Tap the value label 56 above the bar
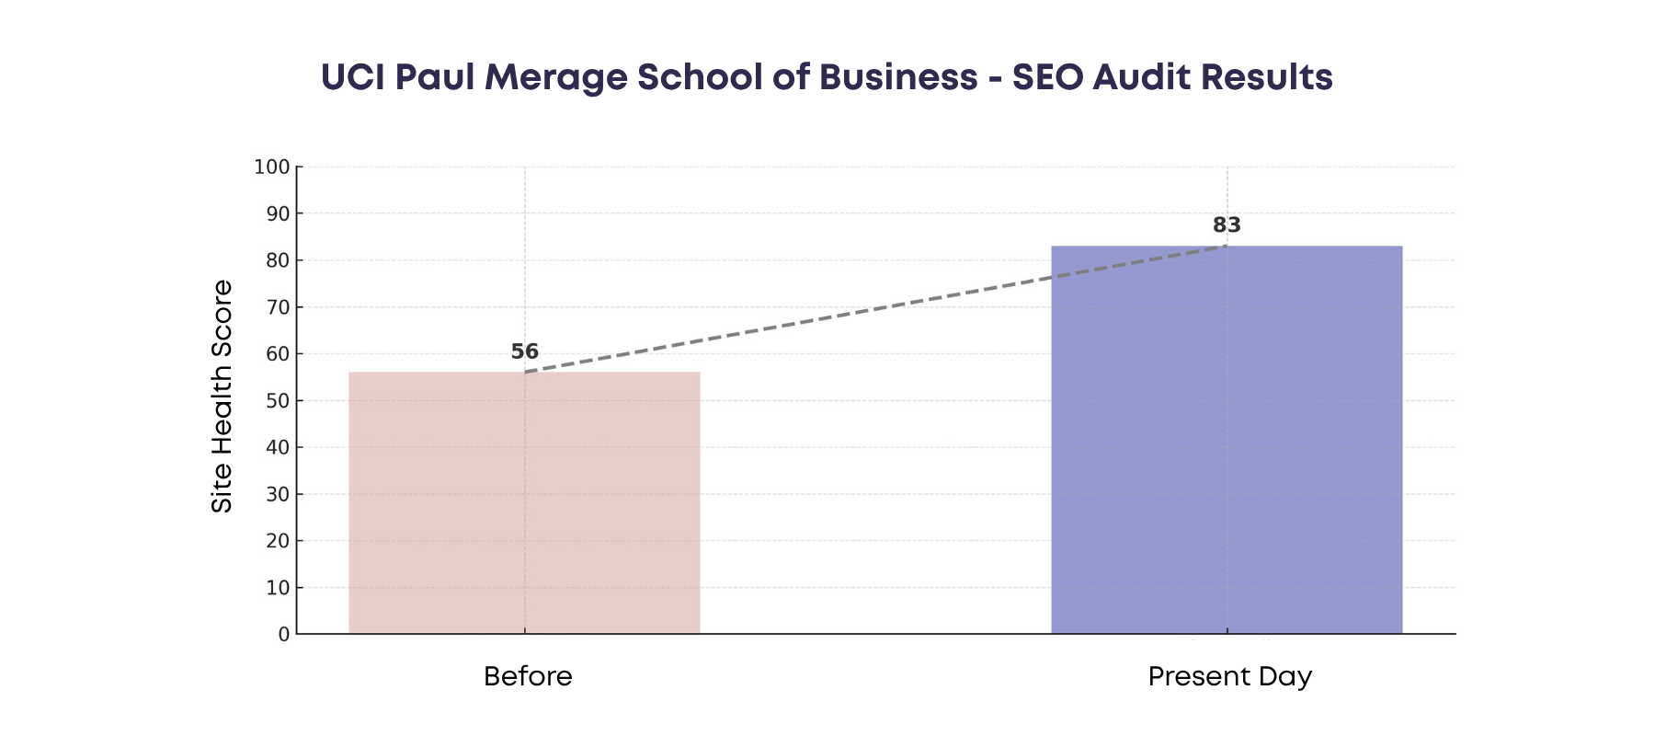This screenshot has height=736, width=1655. pos(524,351)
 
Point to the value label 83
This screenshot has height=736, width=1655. pos(1227,225)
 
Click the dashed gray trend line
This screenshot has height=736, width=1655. pos(873,309)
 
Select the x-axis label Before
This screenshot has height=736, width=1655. pos(528,677)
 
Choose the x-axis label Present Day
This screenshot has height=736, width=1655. pos(1229,677)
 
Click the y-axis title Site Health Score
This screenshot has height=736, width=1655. pos(223,396)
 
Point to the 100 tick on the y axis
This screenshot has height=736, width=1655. pos(272,167)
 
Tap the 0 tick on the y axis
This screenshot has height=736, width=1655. pos(284,635)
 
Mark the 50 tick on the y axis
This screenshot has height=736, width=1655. pos(278,401)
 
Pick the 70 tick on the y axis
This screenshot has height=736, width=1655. pos(278,307)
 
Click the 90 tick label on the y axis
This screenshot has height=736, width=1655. pos(278,213)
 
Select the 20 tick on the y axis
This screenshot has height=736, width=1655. pos(278,541)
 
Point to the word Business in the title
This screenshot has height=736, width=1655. pos(898,78)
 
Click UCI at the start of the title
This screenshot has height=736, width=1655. pos(352,78)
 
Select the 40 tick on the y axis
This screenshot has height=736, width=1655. pos(278,448)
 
